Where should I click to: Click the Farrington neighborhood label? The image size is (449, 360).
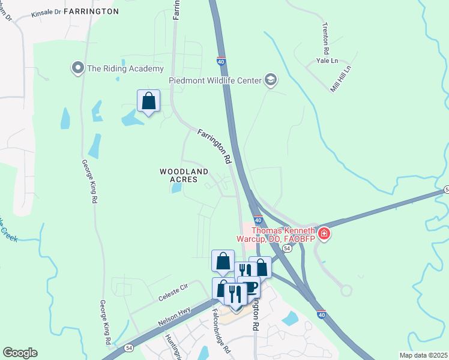[91, 11]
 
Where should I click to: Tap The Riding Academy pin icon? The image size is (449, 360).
[77, 68]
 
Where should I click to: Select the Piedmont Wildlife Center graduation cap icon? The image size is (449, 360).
[270, 80]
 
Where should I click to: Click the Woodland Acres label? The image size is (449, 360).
[184, 175]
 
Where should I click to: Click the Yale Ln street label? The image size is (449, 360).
[328, 61]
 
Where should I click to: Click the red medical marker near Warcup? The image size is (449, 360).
[324, 233]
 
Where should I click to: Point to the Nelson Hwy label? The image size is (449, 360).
[175, 314]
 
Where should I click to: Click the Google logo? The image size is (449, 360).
[20, 353]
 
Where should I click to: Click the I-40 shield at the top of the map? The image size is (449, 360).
[221, 61]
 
